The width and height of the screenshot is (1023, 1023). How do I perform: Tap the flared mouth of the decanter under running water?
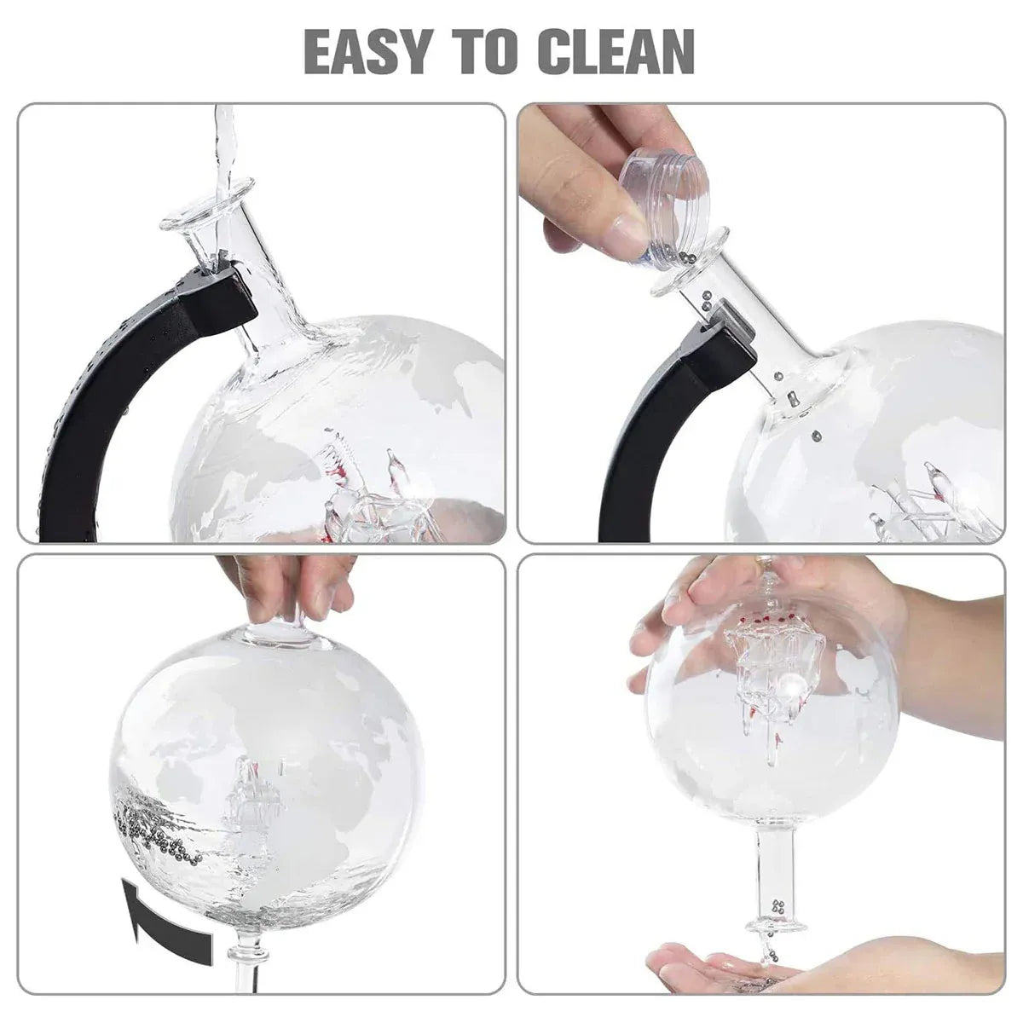coord(207,209)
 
